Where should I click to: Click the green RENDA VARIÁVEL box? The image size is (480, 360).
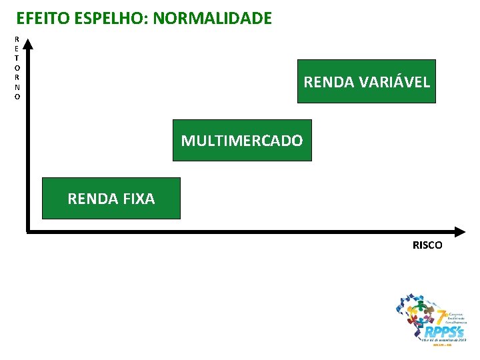[366, 81]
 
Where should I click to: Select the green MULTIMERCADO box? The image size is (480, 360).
[242, 140]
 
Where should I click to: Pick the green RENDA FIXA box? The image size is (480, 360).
[111, 198]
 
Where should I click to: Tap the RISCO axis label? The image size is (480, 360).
[427, 245]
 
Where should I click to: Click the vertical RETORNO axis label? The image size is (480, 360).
[17, 67]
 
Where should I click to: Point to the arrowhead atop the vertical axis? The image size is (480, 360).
[26, 45]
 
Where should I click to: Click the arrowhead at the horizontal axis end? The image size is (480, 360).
[459, 232]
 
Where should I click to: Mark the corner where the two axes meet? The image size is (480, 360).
[27, 231]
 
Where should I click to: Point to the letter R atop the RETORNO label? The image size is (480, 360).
[17, 39]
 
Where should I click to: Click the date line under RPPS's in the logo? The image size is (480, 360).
[443, 339]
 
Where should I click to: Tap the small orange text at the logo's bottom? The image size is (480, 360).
[442, 345]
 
